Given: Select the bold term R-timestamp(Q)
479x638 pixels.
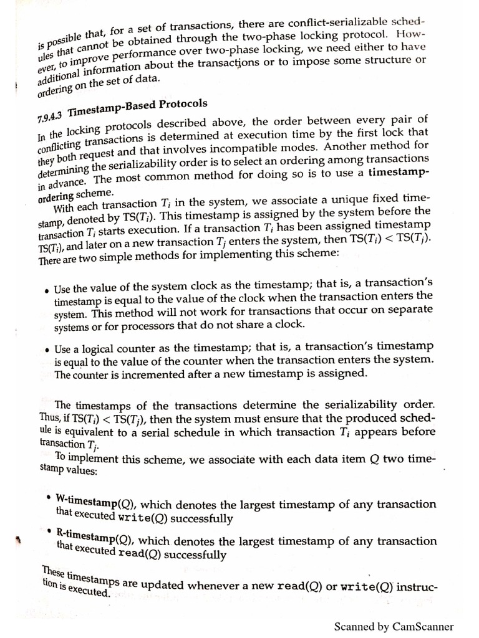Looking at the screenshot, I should (x=94, y=536).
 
